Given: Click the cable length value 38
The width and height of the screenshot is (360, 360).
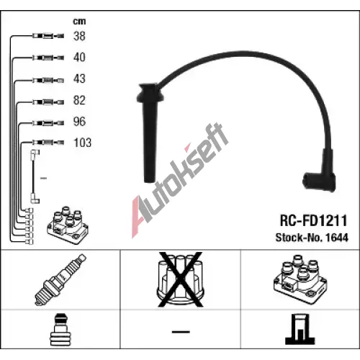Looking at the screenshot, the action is point(79,36).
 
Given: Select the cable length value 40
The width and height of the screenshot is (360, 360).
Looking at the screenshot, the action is point(79,57).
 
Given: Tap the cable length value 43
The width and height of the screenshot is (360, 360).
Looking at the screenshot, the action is point(79,78).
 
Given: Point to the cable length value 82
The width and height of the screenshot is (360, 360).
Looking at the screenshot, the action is point(79,100).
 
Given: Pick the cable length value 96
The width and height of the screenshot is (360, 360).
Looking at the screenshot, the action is point(79,122).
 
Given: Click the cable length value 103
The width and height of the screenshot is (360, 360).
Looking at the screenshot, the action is point(83,143).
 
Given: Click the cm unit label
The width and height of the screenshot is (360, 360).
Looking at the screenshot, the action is point(79,22).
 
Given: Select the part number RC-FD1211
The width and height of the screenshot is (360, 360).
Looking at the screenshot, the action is point(314,220).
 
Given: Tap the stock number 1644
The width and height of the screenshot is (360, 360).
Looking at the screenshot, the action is point(337,238).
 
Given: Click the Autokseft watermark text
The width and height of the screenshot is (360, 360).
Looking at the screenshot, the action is point(180,180).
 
